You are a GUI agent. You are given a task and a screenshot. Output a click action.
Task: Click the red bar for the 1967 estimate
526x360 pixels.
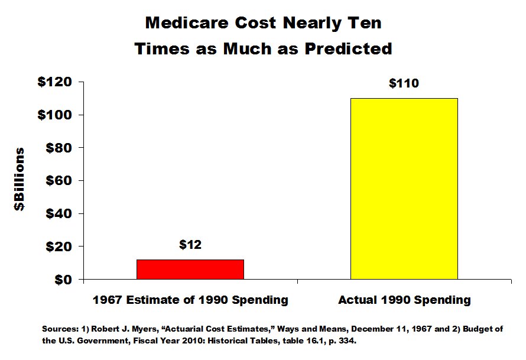pyautogui.click(x=190, y=269)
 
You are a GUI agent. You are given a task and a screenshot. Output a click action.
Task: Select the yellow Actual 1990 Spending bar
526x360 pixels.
pyautogui.click(x=404, y=188)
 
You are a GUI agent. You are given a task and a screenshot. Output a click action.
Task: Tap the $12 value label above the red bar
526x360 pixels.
pyautogui.click(x=190, y=245)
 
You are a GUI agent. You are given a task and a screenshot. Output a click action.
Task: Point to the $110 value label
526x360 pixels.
pyautogui.click(x=404, y=83)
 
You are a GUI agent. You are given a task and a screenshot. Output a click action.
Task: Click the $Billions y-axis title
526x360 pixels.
pyautogui.click(x=20, y=179)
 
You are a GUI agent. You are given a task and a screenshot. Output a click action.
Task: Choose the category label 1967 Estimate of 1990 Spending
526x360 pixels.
pyautogui.click(x=190, y=300)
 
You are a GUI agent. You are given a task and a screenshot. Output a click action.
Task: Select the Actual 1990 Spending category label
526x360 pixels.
pyautogui.click(x=404, y=300)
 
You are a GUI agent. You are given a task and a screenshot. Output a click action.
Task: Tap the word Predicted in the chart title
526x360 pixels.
pyautogui.click(x=348, y=48)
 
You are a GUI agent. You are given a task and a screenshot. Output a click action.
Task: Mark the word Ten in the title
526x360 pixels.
pyautogui.click(x=365, y=24)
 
